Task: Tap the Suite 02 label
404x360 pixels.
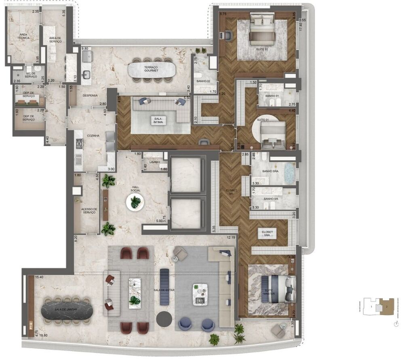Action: (x=262, y=49)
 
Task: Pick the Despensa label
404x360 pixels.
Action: (x=89, y=96)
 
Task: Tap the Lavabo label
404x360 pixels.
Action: (x=154, y=162)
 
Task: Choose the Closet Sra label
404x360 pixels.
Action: (x=267, y=234)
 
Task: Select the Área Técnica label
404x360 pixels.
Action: (x=23, y=37)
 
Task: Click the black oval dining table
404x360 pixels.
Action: (x=67, y=310)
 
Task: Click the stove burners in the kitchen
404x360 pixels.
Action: (x=79, y=144)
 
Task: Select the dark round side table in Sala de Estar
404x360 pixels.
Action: (x=164, y=319)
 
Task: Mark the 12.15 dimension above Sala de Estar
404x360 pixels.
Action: (x=231, y=237)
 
